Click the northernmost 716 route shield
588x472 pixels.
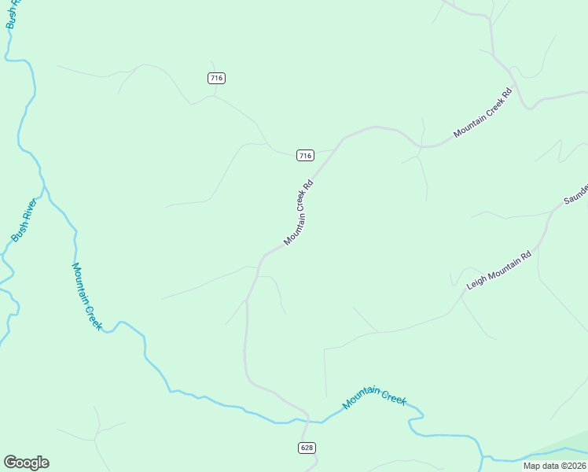[x=217, y=78]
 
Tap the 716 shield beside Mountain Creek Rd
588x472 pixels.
[x=306, y=155]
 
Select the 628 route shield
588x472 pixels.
[x=307, y=448]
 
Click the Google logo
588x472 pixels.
[x=26, y=463]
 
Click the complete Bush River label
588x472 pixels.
[x=24, y=221]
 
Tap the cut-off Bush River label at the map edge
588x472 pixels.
[x=11, y=14]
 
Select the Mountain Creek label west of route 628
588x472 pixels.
[x=86, y=296]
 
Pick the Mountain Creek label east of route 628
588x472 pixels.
[x=374, y=398]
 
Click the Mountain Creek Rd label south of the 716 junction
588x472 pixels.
[x=299, y=212]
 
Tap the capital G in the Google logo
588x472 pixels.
[x=11, y=463]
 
